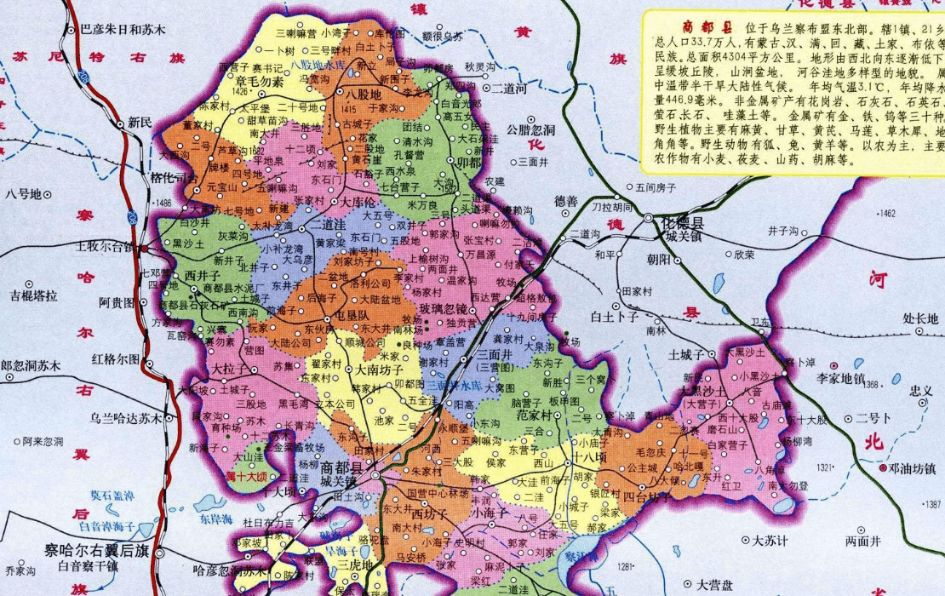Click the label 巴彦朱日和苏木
click(122, 29)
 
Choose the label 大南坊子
click(384, 370)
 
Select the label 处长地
click(919, 319)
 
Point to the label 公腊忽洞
click(530, 129)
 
